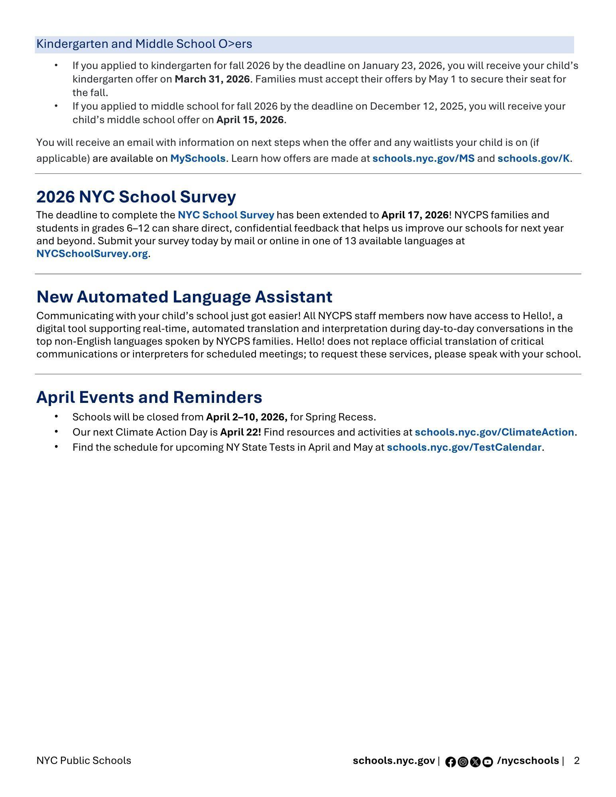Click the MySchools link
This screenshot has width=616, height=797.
click(198, 159)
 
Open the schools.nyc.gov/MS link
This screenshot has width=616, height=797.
click(423, 159)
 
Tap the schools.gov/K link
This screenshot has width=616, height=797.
click(533, 159)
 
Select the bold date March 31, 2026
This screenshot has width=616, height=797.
click(212, 79)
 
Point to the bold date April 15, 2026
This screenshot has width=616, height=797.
click(250, 120)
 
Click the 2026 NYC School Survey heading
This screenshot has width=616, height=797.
click(136, 197)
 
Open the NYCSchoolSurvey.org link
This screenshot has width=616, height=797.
click(92, 254)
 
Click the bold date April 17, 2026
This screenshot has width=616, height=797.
click(415, 215)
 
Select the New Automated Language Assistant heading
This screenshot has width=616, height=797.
click(184, 297)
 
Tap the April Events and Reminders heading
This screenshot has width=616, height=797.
click(149, 397)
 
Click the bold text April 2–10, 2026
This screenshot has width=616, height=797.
click(246, 417)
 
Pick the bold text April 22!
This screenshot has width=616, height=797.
click(240, 432)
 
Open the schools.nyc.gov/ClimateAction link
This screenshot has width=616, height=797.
click(494, 432)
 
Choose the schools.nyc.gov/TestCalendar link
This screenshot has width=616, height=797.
click(464, 448)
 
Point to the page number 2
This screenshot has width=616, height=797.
click(577, 761)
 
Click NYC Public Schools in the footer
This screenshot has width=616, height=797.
click(84, 761)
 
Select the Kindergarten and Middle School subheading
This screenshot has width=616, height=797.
click(144, 44)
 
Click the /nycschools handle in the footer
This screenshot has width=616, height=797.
click(528, 761)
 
